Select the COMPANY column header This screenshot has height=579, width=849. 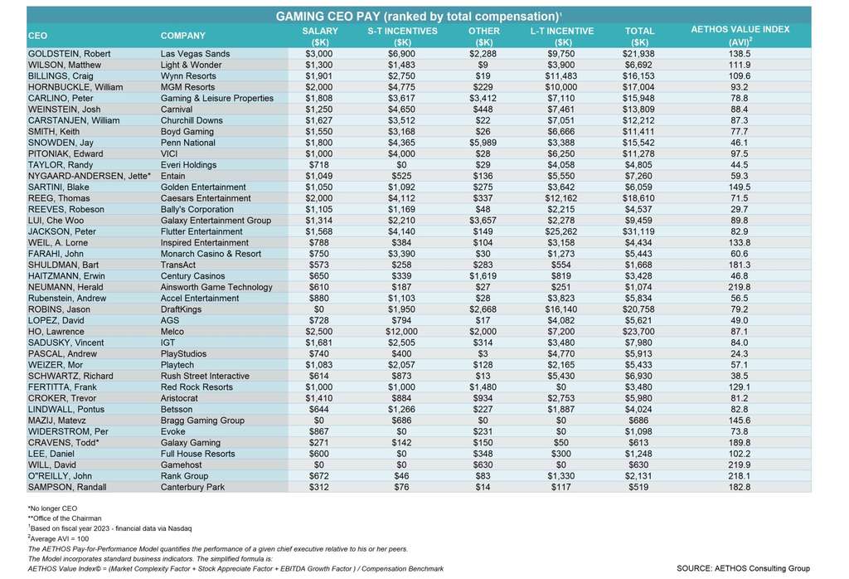click(183, 36)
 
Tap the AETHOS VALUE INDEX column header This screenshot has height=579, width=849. click(739, 35)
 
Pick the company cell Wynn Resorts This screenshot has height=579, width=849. click(188, 75)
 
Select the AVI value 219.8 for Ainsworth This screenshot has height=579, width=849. click(738, 287)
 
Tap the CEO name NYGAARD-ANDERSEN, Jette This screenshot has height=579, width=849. click(83, 176)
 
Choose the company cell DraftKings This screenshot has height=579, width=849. click(183, 309)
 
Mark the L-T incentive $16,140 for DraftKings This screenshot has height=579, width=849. click(561, 309)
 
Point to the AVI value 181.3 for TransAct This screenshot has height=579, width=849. click(738, 265)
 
